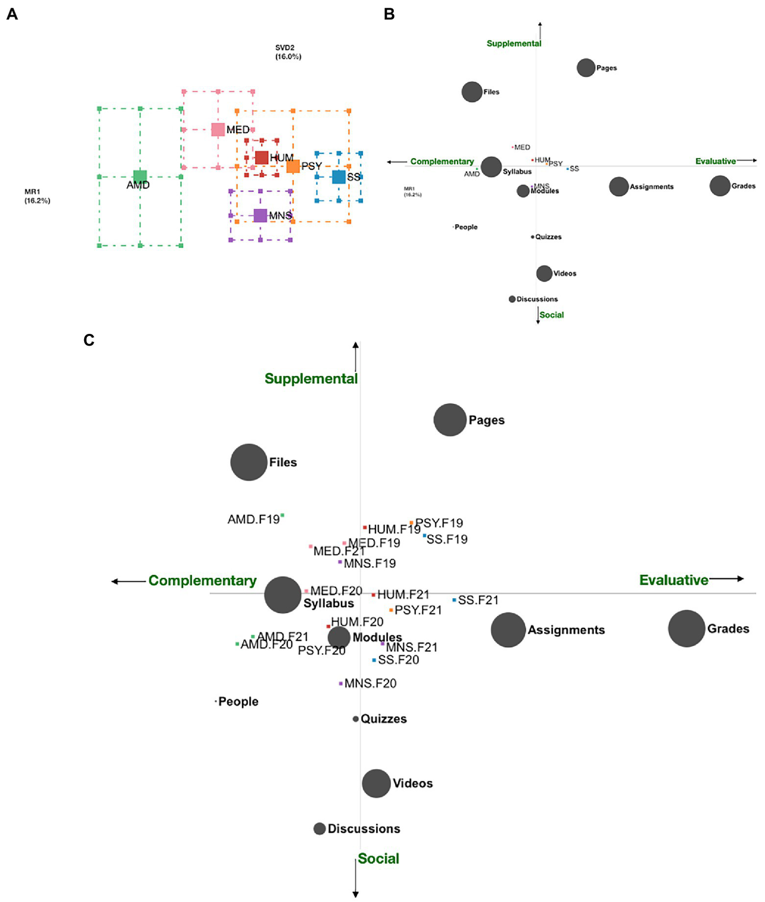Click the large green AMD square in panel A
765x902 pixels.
pos(140,176)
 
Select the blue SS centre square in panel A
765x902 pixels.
pos(339,177)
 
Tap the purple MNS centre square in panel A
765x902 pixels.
pos(260,215)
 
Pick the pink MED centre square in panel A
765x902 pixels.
pos(218,130)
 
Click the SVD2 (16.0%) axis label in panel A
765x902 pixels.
pos(288,52)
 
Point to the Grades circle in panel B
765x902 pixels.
pos(720,186)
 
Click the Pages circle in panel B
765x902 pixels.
pos(586,68)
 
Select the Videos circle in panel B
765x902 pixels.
pos(544,273)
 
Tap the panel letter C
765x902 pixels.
pos(89,340)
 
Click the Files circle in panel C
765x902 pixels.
pos(249,462)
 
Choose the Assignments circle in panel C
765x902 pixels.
pos(508,630)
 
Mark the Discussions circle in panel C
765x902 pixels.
pos(319,828)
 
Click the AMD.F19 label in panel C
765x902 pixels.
pos(254,519)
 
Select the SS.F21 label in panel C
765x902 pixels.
pos(478,600)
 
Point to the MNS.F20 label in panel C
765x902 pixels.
pos(370,683)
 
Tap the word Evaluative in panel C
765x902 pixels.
pos(673,580)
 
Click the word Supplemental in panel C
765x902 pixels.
pos(311,379)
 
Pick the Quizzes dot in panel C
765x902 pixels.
pos(355,719)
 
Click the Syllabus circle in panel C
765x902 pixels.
pos(283,595)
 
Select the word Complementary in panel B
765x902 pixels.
pos(442,161)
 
